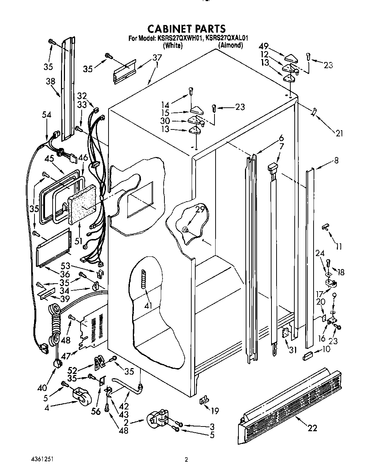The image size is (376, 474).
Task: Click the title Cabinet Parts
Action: [x=186, y=28]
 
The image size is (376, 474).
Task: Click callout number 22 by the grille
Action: [x=312, y=428]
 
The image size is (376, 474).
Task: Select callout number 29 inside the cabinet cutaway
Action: [x=200, y=209]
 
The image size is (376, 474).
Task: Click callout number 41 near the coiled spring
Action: [x=148, y=305]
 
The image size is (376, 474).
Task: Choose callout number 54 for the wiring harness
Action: [x=46, y=115]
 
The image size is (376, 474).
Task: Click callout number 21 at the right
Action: [x=339, y=133]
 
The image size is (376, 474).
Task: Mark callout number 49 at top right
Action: [x=264, y=46]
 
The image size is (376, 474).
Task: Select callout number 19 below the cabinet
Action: [x=215, y=411]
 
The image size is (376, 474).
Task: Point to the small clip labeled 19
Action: [x=204, y=400]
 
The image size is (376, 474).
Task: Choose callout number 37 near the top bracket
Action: [x=157, y=57]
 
